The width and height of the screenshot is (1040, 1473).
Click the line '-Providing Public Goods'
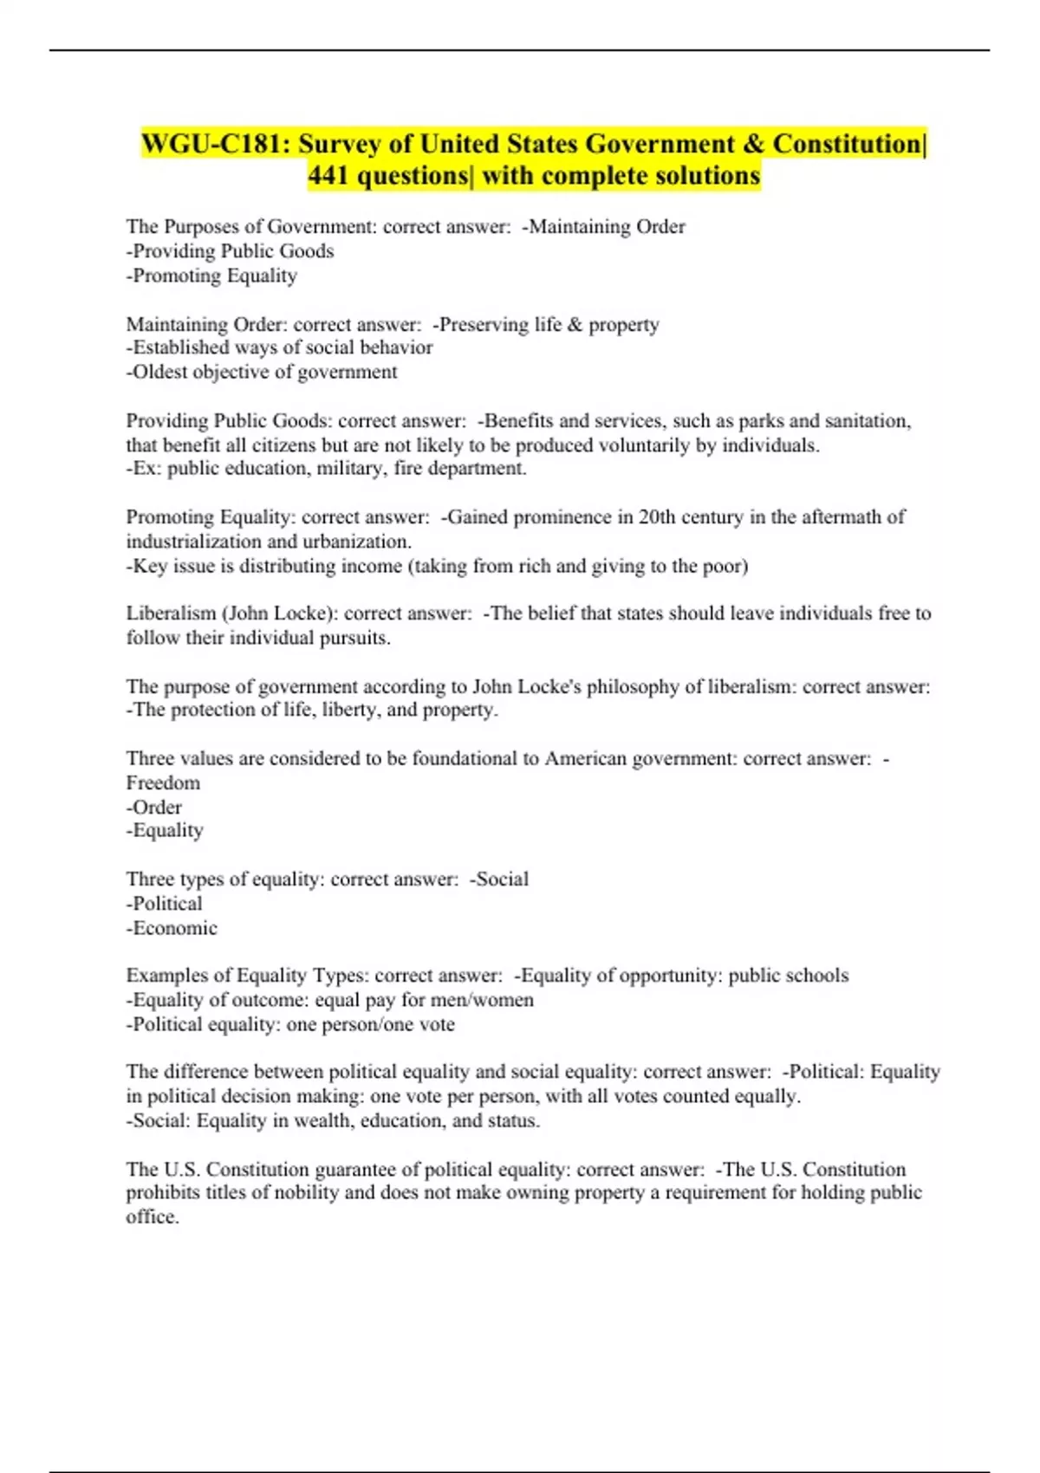tap(230, 251)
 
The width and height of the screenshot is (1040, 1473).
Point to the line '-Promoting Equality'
tap(211, 276)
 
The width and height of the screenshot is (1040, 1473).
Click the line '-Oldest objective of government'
tap(262, 372)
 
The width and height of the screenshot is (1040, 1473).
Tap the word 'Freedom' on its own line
tap(163, 783)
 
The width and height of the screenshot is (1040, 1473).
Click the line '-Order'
tap(154, 808)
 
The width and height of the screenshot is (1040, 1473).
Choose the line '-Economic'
tap(172, 928)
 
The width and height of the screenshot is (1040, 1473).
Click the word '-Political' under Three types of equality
tap(165, 904)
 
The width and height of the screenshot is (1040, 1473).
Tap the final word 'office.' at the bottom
tap(153, 1217)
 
